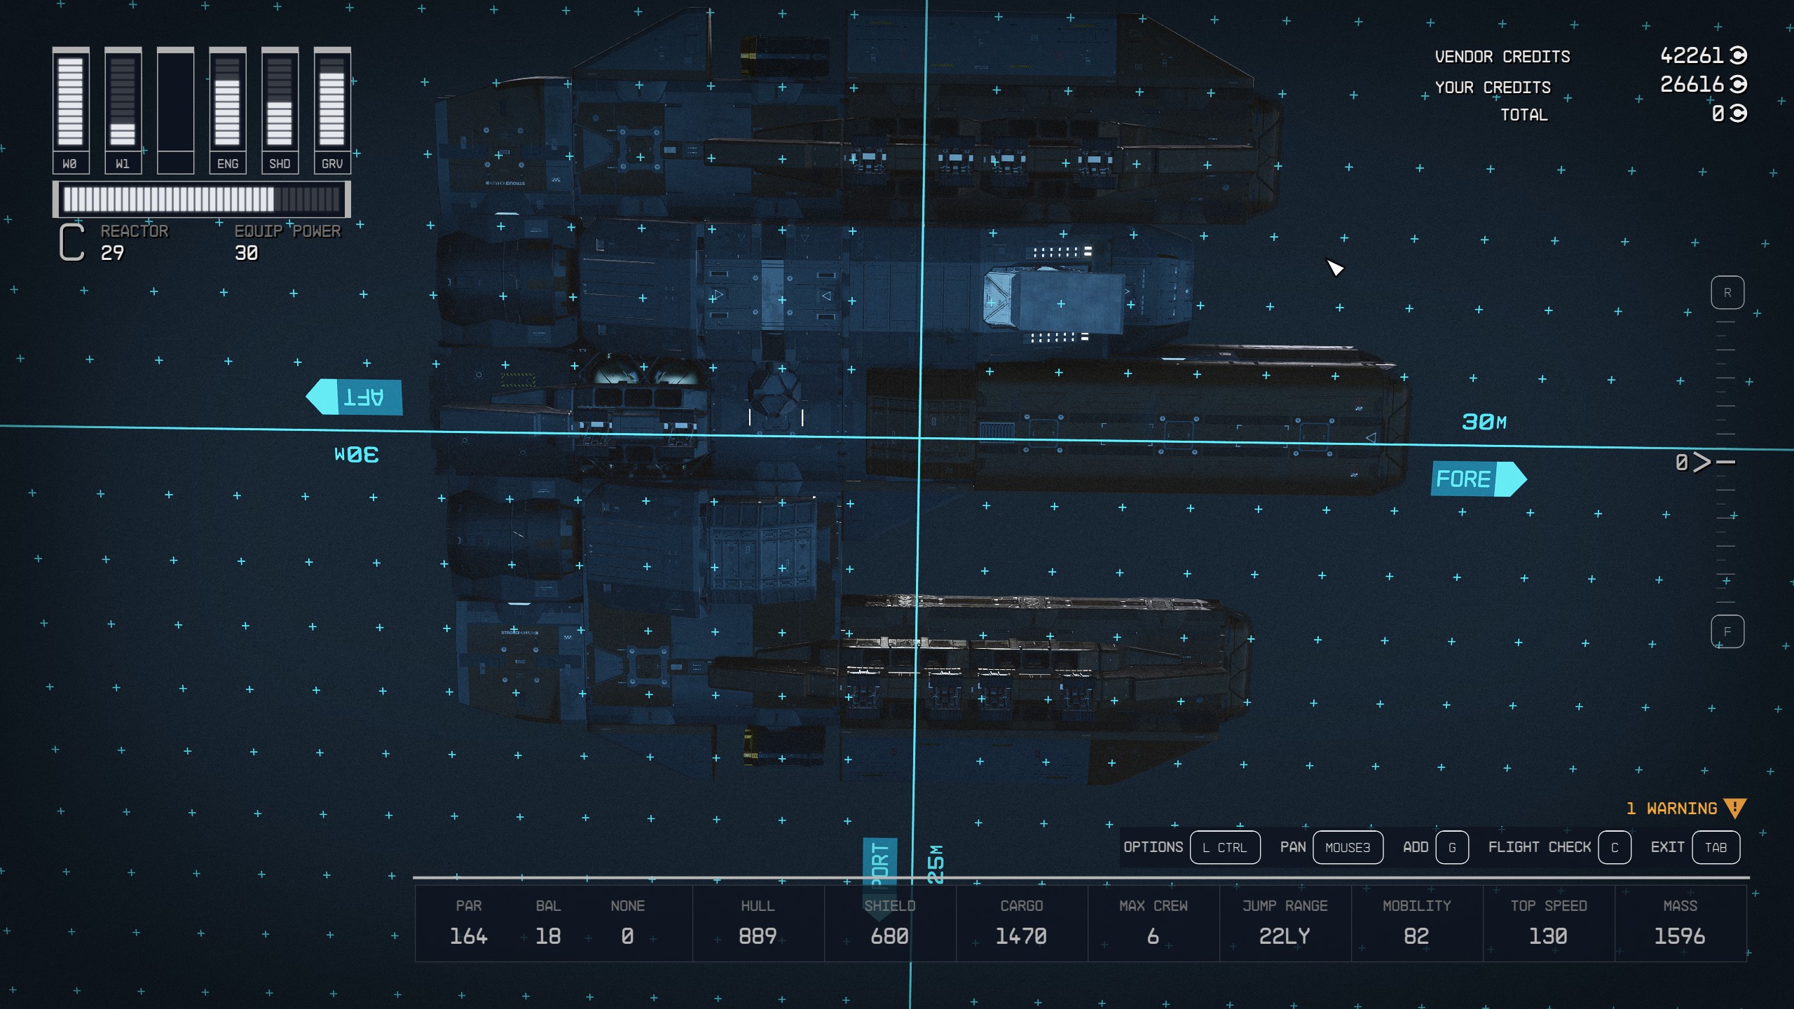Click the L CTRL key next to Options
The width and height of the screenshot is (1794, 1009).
pos(1224,847)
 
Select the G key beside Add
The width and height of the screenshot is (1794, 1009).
pos(1451,847)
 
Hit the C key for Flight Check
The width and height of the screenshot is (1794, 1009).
pos(1614,847)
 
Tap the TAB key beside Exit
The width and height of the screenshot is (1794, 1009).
pos(1715,847)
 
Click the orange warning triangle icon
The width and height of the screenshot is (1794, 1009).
pos(1734,809)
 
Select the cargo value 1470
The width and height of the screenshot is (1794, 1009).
pos(1021,936)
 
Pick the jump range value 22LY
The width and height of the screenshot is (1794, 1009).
pos(1285,936)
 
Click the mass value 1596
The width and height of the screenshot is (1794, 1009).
pos(1679,936)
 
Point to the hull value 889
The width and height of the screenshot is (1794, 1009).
pos(758,936)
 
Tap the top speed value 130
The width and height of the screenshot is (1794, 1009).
pos(1548,936)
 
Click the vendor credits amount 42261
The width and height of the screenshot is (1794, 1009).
pos(1691,55)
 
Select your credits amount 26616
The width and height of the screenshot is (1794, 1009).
pos(1691,85)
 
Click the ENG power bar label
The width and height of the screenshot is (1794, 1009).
pos(228,164)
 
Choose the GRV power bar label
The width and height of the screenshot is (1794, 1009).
pos(332,164)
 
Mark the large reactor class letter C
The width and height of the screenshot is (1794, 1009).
pos(71,242)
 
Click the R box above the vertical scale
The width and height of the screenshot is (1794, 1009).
pos(1727,293)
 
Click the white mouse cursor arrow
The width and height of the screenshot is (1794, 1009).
pos(1334,267)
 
